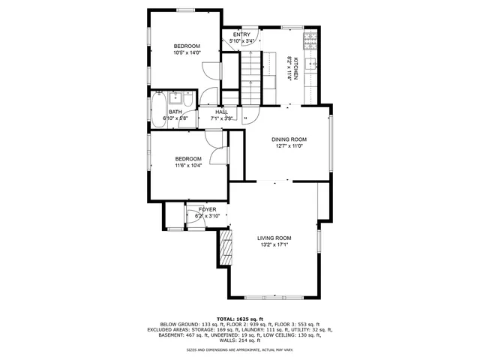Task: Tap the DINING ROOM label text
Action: pyautogui.click(x=288, y=139)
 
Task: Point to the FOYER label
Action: pyautogui.click(x=207, y=209)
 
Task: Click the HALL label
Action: pyautogui.click(x=221, y=112)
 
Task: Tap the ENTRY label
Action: pyautogui.click(x=241, y=34)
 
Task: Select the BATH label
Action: pyautogui.click(x=175, y=112)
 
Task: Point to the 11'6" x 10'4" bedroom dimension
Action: pyautogui.click(x=188, y=165)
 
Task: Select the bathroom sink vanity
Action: pyautogui.click(x=175, y=97)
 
